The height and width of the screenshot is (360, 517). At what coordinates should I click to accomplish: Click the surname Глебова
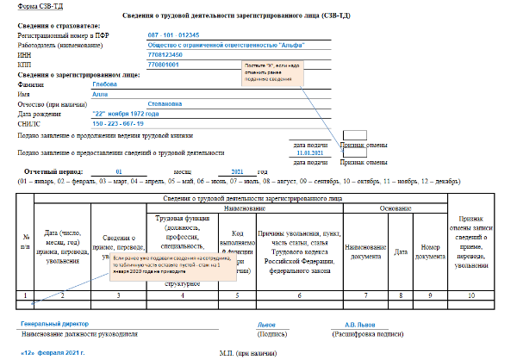click(x=105, y=84)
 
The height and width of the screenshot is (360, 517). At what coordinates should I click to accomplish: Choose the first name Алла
click(x=99, y=94)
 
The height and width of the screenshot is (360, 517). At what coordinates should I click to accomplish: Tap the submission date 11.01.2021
click(x=313, y=154)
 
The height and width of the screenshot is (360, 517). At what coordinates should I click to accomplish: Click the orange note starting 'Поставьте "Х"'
click(x=271, y=74)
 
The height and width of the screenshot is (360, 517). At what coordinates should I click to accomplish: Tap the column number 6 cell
click(x=298, y=295)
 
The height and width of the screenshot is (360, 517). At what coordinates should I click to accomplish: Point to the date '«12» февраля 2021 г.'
click(x=54, y=353)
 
